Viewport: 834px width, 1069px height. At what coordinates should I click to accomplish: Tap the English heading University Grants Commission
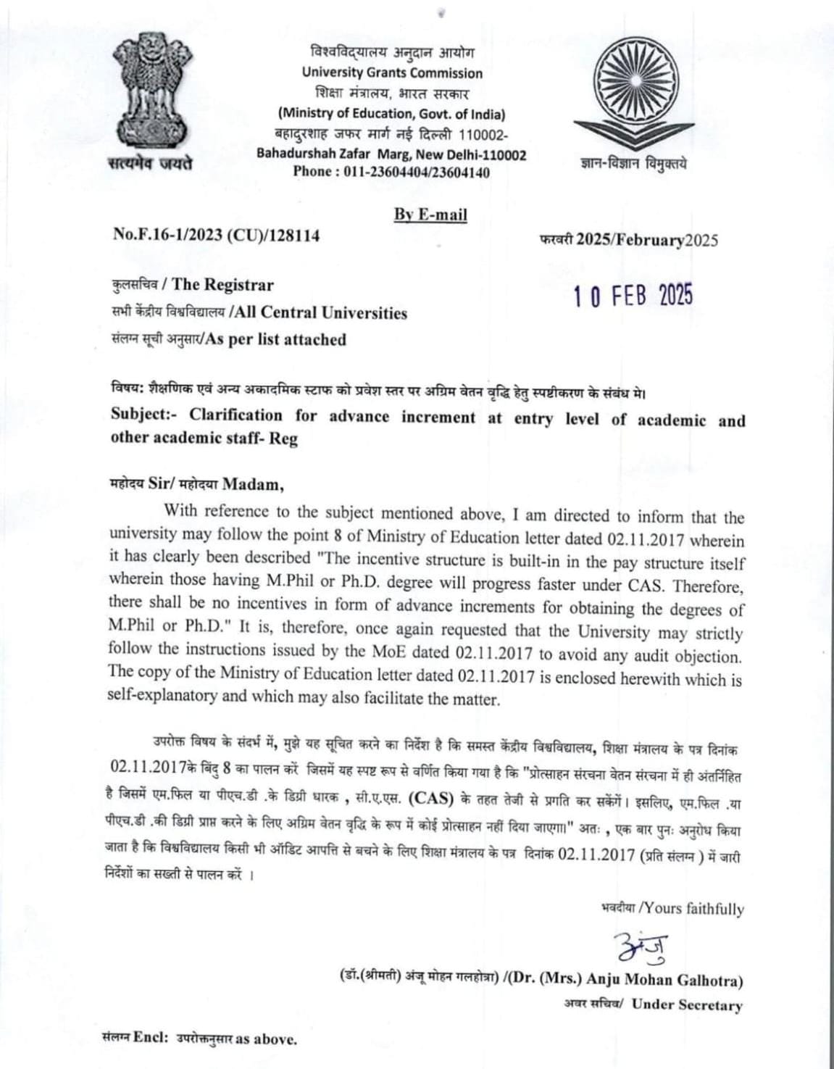click(392, 72)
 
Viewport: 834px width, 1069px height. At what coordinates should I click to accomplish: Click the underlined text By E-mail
click(430, 215)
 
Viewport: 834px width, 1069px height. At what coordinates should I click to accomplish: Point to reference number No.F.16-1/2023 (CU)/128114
click(216, 236)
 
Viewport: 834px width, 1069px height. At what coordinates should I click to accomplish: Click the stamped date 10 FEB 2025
click(633, 296)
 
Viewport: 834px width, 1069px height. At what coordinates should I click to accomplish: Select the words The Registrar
click(222, 285)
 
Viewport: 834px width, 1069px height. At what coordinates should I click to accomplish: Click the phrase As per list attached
click(276, 339)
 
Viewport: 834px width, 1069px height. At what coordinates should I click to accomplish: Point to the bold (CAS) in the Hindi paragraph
click(431, 799)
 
